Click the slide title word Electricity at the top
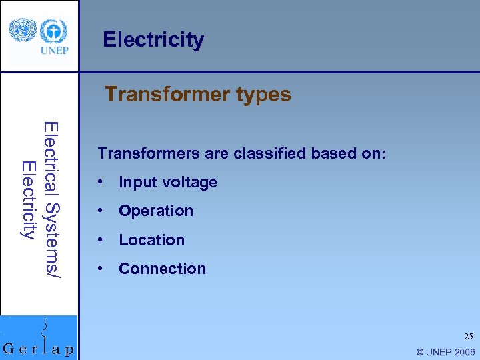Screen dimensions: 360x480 click(x=153, y=40)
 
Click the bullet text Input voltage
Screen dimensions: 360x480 click(x=168, y=182)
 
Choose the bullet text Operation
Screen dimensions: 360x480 click(x=156, y=211)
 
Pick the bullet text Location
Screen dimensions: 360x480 click(x=151, y=240)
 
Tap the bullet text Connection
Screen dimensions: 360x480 click(x=162, y=269)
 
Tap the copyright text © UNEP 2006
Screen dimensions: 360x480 click(x=445, y=352)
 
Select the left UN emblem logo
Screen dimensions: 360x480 click(x=22, y=31)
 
